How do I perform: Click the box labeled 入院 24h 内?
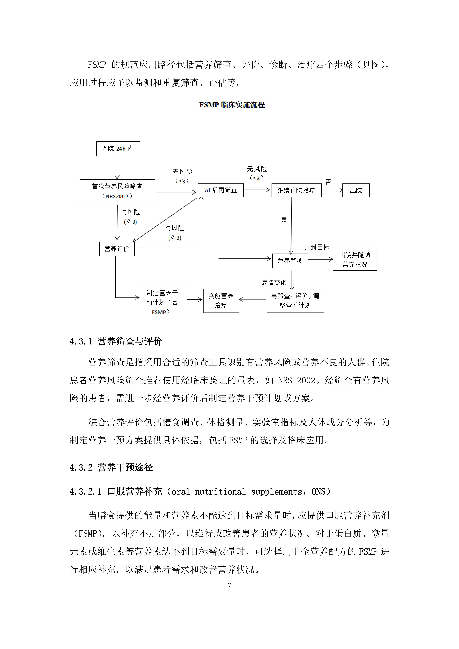click(118, 148)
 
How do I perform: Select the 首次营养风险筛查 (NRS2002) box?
click(117, 192)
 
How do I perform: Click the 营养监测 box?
click(290, 261)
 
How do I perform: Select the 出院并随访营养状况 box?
click(355, 259)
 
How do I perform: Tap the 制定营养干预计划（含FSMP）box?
click(162, 302)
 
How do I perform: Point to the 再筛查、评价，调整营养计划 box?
click(295, 300)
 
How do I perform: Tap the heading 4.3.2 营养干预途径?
click(111, 467)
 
